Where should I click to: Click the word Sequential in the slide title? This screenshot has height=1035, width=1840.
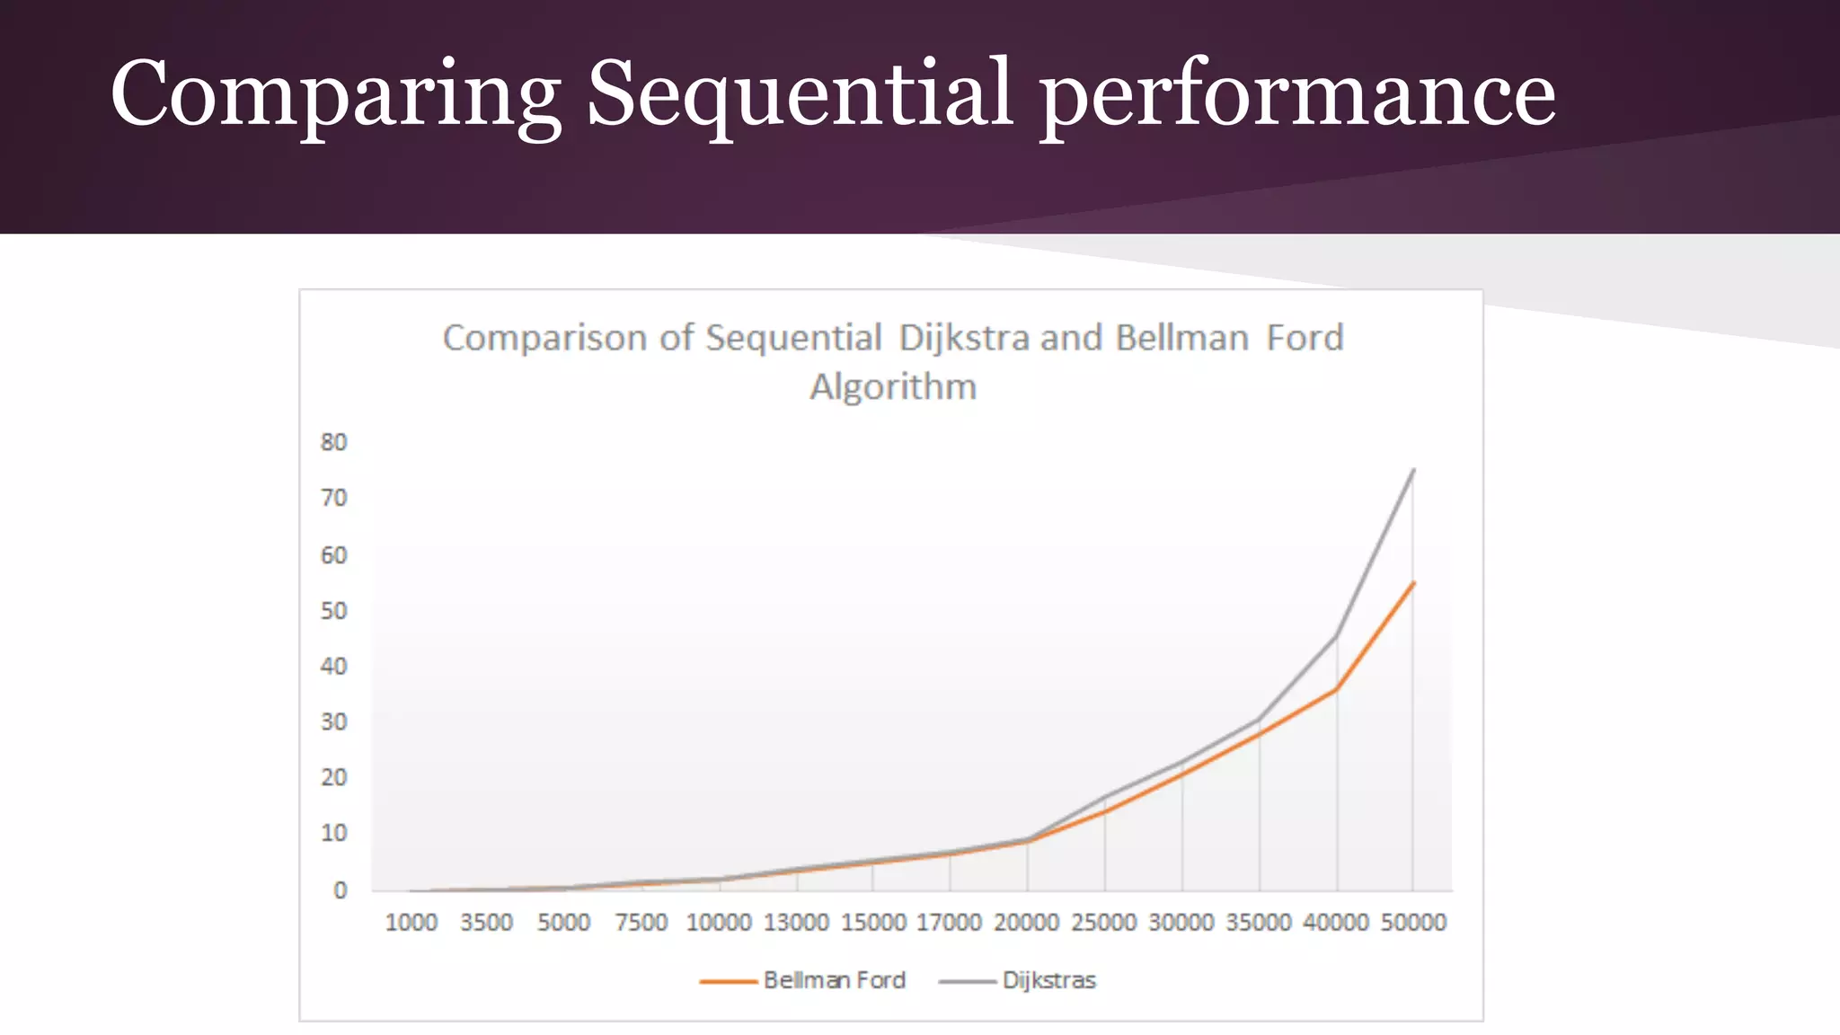point(800,93)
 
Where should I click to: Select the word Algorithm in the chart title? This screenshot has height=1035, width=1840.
point(893,387)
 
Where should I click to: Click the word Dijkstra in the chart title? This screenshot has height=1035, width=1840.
point(964,338)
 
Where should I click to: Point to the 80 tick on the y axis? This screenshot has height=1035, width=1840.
point(333,442)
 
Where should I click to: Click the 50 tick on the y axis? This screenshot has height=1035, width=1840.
point(333,611)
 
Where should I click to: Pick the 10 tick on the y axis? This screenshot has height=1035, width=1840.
point(333,834)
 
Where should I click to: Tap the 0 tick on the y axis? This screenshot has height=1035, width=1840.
point(340,890)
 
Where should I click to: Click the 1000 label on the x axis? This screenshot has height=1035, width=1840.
point(411,923)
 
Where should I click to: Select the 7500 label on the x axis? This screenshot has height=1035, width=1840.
point(641,923)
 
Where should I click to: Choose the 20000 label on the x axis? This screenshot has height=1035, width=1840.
point(1026,923)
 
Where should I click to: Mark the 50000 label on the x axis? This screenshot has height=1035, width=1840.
point(1413,923)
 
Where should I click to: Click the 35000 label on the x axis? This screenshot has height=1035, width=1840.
point(1259,923)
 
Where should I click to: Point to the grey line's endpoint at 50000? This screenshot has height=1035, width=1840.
point(1413,470)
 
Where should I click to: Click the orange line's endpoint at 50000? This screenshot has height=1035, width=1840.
point(1413,584)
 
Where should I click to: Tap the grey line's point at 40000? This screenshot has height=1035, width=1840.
point(1336,637)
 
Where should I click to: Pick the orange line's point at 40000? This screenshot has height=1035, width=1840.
point(1336,689)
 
